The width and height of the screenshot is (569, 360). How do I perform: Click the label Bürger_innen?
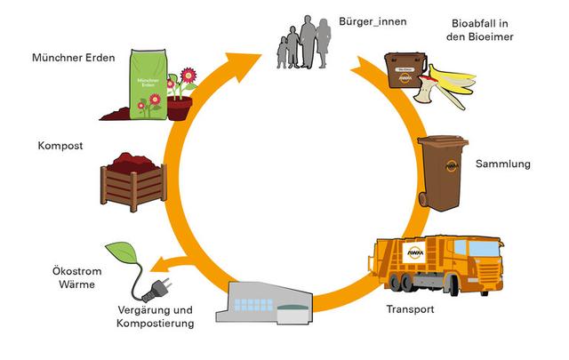pyautogui.click(x=372, y=20)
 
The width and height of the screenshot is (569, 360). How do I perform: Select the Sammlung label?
pyautogui.click(x=502, y=164)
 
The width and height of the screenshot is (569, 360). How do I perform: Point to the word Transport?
pyautogui.click(x=410, y=309)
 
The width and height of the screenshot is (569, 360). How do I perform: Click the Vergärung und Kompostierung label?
pyautogui.click(x=155, y=316)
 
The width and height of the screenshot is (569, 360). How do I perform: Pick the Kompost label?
pyautogui.click(x=60, y=145)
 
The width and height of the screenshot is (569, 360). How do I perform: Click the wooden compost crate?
pyautogui.click(x=133, y=182)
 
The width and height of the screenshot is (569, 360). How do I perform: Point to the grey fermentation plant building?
pyautogui.click(x=267, y=302)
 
